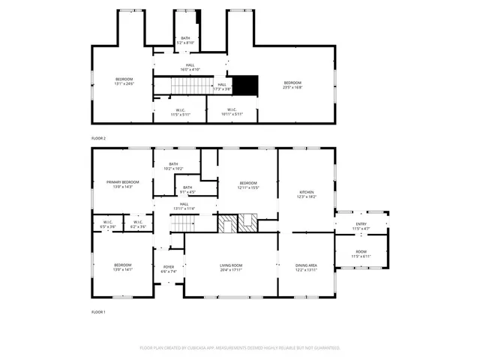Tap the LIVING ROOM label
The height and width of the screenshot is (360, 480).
(x=231, y=265)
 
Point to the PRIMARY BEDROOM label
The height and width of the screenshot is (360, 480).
(x=122, y=182)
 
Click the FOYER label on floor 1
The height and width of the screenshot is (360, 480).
(x=169, y=268)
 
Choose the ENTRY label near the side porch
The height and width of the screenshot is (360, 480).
(x=361, y=224)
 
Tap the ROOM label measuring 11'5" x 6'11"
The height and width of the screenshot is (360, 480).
(x=361, y=253)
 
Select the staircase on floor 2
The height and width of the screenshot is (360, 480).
(x=187, y=85)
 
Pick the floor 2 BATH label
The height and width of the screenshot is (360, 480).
(x=185, y=38)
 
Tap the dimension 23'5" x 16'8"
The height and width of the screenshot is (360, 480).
(x=292, y=87)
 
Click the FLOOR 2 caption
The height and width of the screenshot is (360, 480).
(x=98, y=139)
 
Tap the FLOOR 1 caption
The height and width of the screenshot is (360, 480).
(x=98, y=311)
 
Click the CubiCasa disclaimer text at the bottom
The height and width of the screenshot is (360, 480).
(x=240, y=348)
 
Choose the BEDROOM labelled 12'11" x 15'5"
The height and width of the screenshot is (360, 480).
(x=248, y=184)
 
